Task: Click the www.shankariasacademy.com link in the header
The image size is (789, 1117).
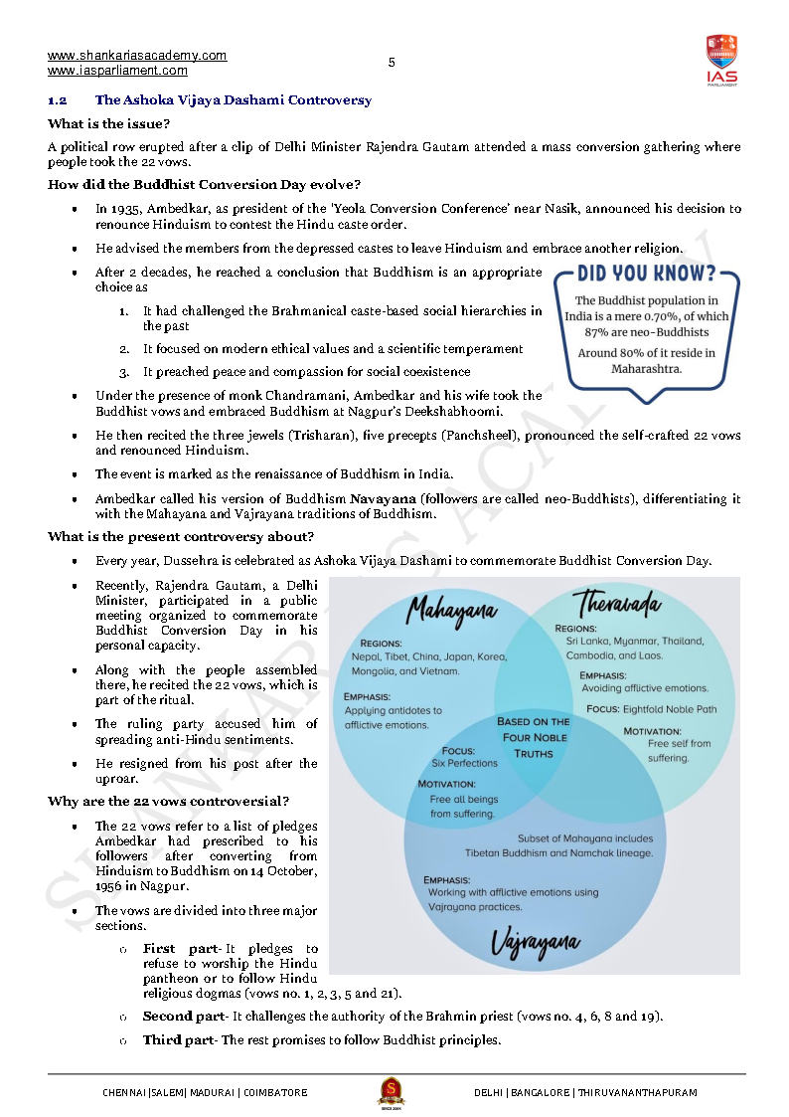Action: tap(136, 56)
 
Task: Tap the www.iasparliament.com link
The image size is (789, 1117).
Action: tap(117, 71)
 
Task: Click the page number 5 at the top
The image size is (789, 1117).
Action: tap(392, 63)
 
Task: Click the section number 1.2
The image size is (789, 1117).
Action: tap(57, 100)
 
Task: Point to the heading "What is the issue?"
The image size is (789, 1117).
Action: tap(108, 123)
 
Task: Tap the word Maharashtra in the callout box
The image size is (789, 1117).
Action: tap(651, 368)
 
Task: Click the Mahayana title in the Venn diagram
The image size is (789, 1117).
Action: tap(452, 608)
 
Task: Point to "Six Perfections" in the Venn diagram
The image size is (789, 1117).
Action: tap(464, 763)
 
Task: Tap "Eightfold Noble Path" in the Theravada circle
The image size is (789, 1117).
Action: tap(679, 709)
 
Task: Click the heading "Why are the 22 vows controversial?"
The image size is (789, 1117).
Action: tap(169, 802)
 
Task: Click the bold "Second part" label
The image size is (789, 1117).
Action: tap(184, 1016)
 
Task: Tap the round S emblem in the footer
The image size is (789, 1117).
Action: tap(391, 1091)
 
